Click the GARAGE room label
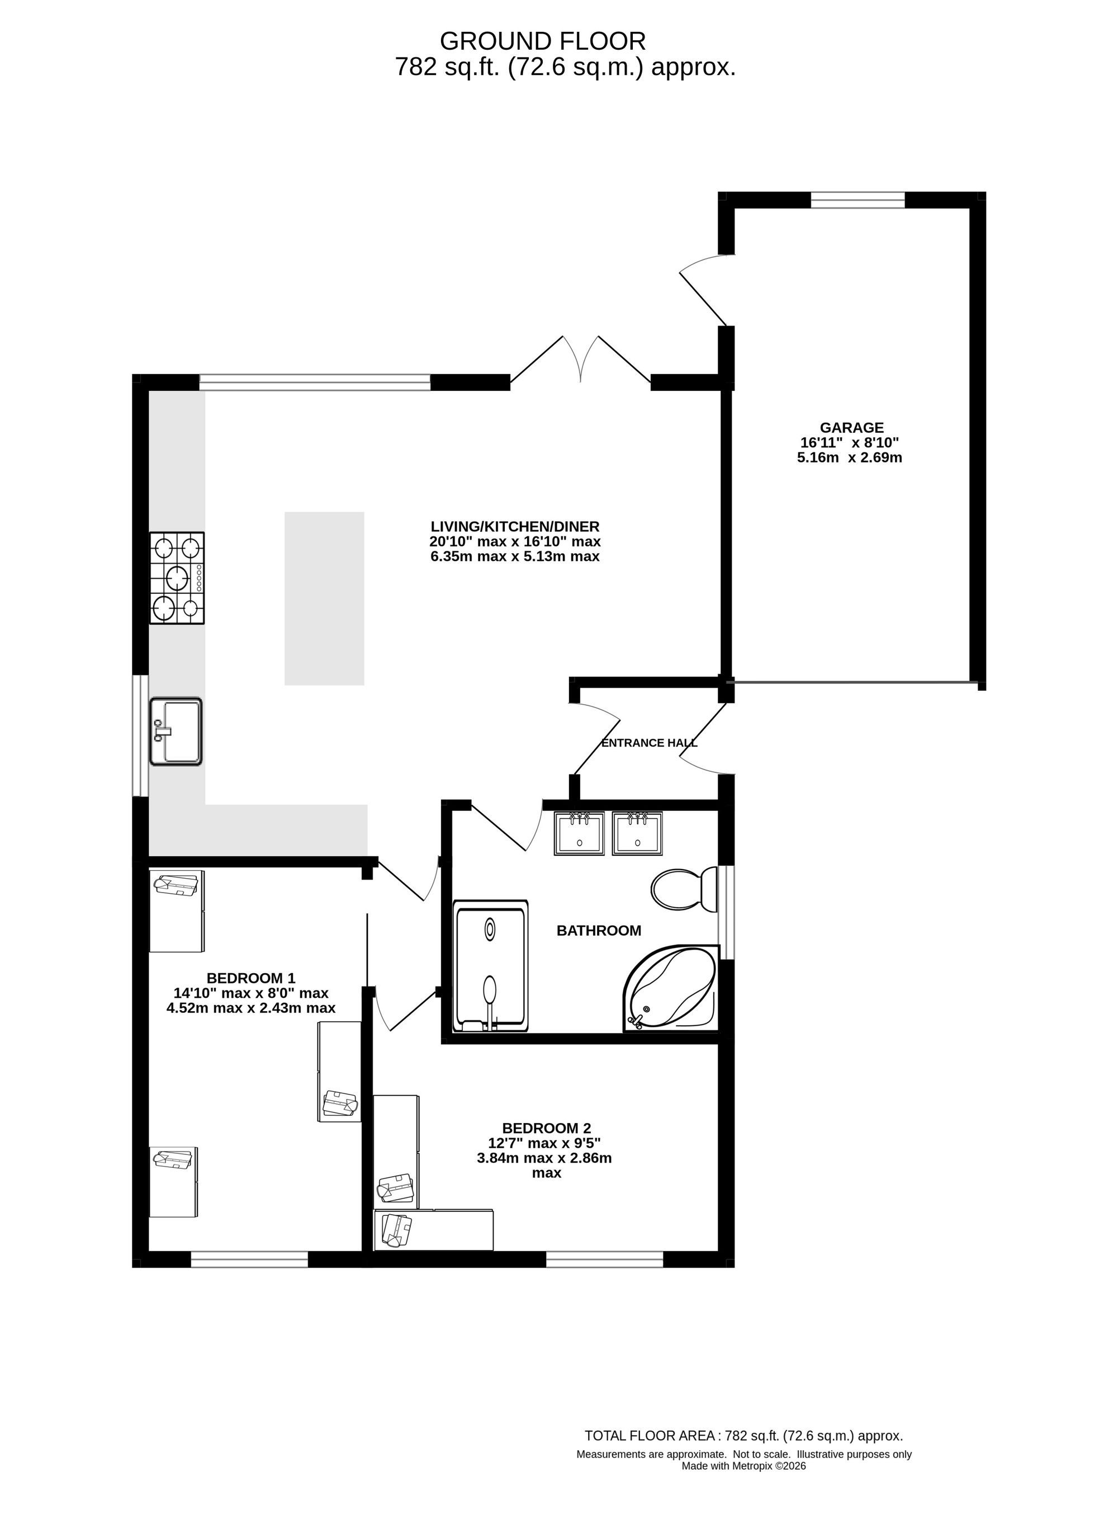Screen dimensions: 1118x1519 [x=852, y=428]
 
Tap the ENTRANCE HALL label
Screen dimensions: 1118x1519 [x=650, y=743]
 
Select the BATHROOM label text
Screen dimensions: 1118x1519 [x=599, y=931]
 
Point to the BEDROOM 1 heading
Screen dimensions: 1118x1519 [x=251, y=978]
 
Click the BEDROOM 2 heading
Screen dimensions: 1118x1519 [x=547, y=1129]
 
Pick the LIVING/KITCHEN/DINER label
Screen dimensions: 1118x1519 [x=515, y=527]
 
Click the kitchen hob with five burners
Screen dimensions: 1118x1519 [x=177, y=578]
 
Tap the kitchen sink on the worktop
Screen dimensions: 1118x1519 [x=176, y=732]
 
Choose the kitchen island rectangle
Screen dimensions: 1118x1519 [x=324, y=598]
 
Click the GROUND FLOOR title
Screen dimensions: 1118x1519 [x=543, y=42]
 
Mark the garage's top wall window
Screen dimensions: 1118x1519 [x=858, y=200]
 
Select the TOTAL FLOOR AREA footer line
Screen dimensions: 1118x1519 [x=744, y=1436]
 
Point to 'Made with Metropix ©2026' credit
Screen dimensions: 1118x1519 [x=744, y=1466]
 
